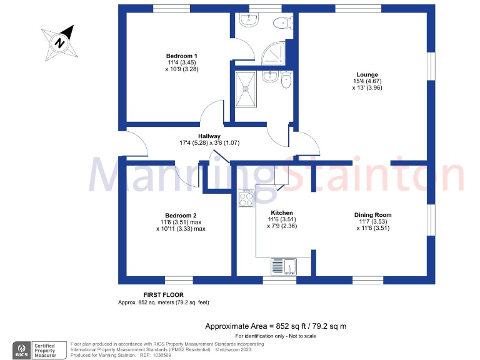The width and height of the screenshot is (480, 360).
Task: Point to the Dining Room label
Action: point(373,215)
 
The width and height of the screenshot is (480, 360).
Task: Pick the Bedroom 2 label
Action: point(181,215)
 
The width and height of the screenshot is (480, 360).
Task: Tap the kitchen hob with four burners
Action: point(246,199)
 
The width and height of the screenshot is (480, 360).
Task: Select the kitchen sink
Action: point(285,266)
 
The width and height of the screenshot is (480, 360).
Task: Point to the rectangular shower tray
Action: point(244,88)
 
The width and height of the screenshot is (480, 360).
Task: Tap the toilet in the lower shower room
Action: point(286,80)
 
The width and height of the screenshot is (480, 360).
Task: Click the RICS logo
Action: point(24,349)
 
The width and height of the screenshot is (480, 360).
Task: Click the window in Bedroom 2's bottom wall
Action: point(179,280)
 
